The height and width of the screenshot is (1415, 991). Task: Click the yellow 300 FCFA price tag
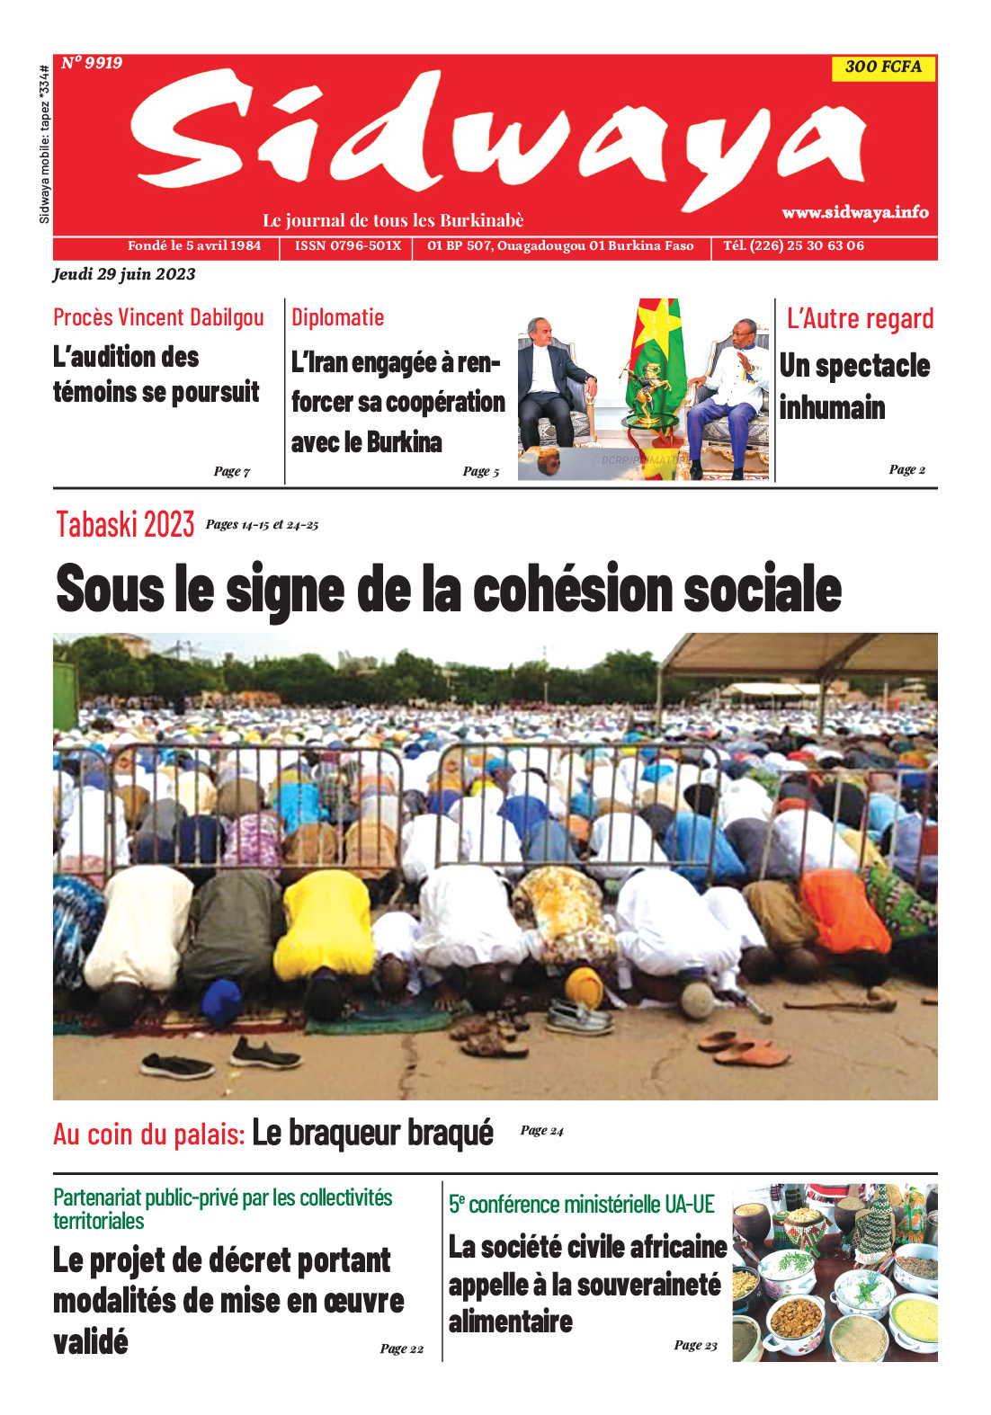tap(883, 67)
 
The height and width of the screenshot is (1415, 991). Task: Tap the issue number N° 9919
tap(92, 63)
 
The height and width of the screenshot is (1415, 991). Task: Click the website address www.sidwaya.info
tap(854, 212)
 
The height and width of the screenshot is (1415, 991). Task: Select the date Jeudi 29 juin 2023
tap(124, 274)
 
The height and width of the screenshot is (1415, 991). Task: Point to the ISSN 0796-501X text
tap(348, 245)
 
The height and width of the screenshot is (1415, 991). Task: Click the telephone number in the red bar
tap(793, 245)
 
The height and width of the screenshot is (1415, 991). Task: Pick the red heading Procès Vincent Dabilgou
tap(158, 317)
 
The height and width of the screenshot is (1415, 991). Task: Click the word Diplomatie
tap(337, 317)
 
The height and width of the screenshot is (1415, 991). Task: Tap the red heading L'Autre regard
tap(860, 318)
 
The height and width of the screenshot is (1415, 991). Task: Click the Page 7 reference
tap(232, 471)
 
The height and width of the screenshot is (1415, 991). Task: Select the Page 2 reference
tap(906, 469)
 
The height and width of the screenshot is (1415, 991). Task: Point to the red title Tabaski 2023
tap(125, 524)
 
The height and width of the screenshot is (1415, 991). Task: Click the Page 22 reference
tap(401, 1348)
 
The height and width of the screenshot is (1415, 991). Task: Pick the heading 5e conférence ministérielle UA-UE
tap(581, 1205)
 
